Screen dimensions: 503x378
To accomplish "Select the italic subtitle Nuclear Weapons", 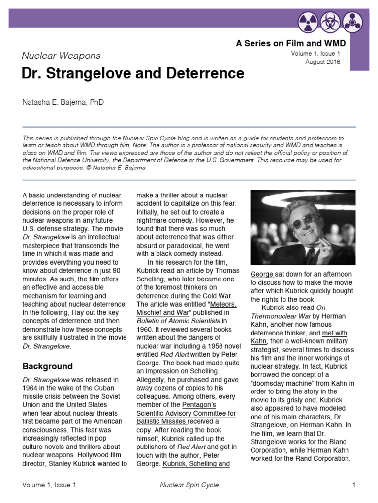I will (61, 56).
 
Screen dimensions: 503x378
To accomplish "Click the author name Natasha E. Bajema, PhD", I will (63, 102).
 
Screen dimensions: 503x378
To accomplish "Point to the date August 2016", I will (322, 62).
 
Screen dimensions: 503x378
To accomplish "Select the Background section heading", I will (47, 366).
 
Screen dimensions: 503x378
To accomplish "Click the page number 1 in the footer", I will (353, 485).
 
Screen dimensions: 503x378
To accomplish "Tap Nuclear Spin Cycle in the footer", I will (189, 485).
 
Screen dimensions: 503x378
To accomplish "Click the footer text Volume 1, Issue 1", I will (49, 485).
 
